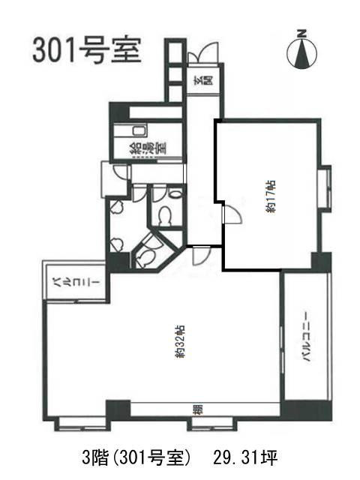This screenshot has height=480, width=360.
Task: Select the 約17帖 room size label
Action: click(x=271, y=196)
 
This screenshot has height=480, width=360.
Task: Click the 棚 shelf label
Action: click(x=197, y=409)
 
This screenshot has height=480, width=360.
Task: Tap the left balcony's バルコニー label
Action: click(x=75, y=282)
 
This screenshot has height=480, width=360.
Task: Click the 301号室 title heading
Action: click(x=87, y=50)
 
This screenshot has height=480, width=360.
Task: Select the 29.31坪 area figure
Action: click(x=245, y=458)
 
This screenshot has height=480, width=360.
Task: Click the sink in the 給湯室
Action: click(x=139, y=131)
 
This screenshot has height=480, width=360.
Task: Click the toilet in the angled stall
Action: click(x=145, y=256)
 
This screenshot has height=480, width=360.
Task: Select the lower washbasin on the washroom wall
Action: click(x=116, y=244)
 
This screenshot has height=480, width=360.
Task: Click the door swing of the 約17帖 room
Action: click(x=233, y=214)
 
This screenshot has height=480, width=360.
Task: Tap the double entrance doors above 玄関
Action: click(x=203, y=53)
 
